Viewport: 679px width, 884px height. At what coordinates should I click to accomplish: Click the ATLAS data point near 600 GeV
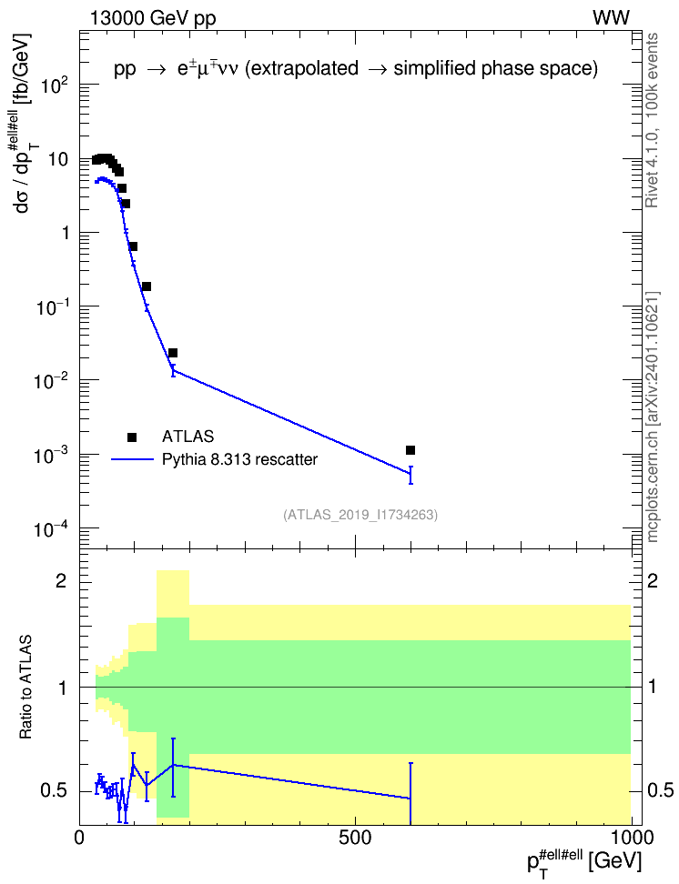coord(410,450)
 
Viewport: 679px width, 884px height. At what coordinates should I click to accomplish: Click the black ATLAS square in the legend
coord(132,437)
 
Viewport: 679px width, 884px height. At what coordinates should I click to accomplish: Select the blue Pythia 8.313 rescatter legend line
coord(133,459)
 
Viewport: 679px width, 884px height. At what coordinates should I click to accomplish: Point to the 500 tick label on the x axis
coord(356,838)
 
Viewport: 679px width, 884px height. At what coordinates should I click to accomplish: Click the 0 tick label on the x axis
coord(80,838)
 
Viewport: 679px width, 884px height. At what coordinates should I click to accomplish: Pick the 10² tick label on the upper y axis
coord(53,85)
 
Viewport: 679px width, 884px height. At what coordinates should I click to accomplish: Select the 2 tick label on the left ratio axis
coord(61,581)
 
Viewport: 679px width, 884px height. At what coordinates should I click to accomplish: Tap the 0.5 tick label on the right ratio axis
coord(660,791)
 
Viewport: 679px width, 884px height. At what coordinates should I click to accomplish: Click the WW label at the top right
coord(611,18)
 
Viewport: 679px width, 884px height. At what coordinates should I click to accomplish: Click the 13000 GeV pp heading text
coord(153,18)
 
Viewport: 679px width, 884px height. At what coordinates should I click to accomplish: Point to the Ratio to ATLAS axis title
coord(25,687)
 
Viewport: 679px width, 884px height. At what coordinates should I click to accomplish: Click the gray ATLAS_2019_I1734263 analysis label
coord(360,515)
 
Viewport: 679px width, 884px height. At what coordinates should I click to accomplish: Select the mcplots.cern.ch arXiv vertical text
coord(653,417)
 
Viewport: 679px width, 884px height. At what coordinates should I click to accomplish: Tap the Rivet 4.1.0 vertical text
coord(652,120)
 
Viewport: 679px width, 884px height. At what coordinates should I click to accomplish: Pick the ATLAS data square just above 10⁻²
coord(173,353)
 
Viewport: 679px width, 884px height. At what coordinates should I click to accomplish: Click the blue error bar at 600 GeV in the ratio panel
coord(410,794)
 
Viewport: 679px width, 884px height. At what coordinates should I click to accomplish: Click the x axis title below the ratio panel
coord(584,861)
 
